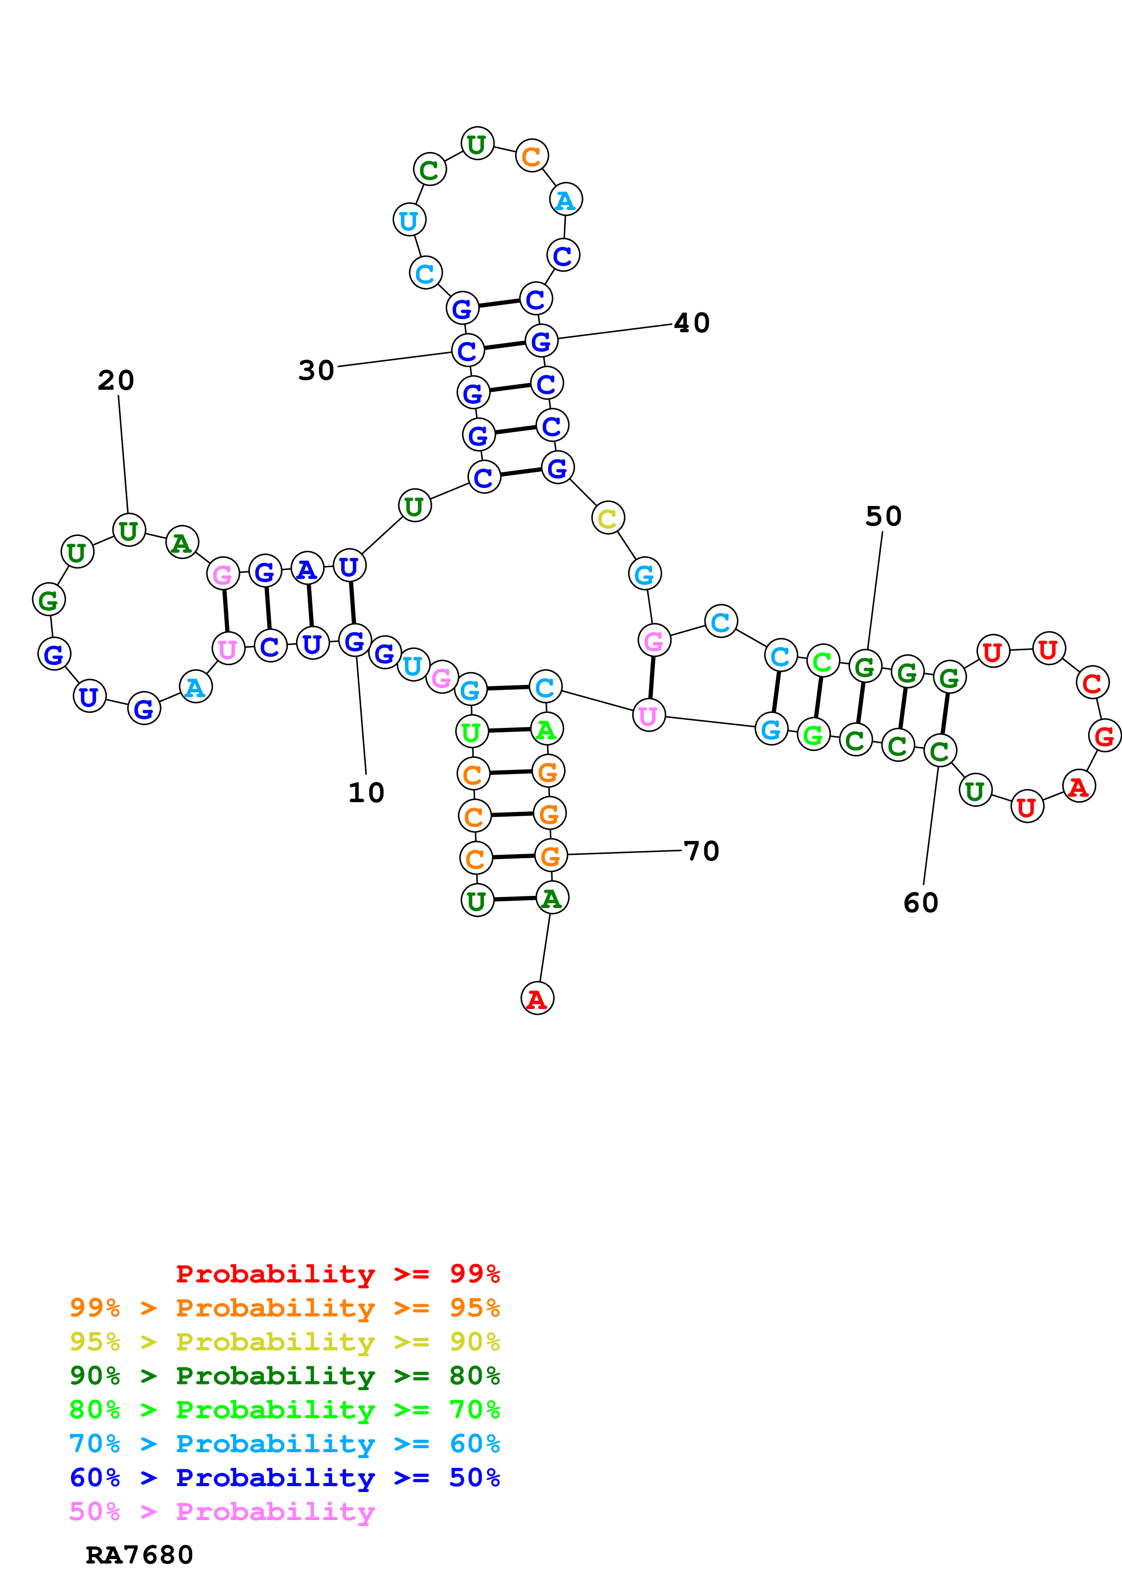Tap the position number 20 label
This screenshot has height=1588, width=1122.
pos(115,380)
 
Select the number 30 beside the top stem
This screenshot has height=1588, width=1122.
pos(316,371)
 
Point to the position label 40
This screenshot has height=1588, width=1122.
pos(691,323)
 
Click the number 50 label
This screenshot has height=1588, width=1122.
pos(883,516)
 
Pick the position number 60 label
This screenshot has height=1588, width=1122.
pos(921,903)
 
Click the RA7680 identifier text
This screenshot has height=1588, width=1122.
pos(139,1555)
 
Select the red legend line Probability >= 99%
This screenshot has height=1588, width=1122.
pos(337,1273)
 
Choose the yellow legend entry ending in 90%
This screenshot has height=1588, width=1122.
pos(284,1341)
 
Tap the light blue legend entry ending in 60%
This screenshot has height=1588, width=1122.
pos(284,1444)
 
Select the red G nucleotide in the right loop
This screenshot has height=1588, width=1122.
pos(1104,735)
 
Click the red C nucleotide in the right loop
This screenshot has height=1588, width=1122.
pos(1092,684)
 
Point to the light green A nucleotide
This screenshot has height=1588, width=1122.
pos(546,730)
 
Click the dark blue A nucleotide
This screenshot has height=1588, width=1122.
pos(307,569)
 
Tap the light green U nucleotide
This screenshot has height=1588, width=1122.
pos(471,732)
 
